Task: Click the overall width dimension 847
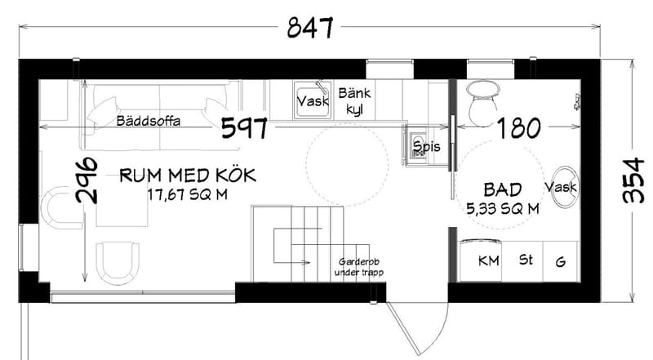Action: click(x=309, y=29)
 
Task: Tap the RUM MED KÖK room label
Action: click(x=189, y=175)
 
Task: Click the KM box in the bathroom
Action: click(x=488, y=261)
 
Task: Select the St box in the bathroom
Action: click(x=526, y=261)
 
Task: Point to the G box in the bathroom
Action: click(x=560, y=261)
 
